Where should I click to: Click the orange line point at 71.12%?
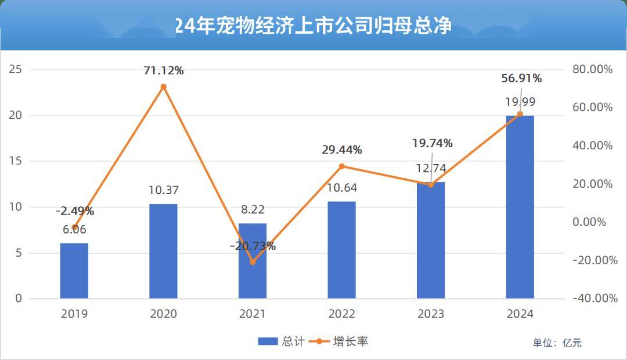click(x=163, y=87)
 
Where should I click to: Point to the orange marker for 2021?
click(x=253, y=262)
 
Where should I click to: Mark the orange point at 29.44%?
click(x=341, y=167)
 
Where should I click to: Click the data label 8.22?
click(x=253, y=210)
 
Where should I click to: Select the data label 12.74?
click(x=430, y=169)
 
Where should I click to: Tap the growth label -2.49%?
click(x=74, y=211)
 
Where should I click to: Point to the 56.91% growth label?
click(x=520, y=78)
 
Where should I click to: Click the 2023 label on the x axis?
click(x=430, y=314)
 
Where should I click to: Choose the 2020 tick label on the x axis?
click(x=163, y=314)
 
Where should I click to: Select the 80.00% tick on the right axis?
click(x=592, y=70)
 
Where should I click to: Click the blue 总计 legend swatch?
click(x=269, y=341)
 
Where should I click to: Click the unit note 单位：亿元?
click(x=557, y=343)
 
